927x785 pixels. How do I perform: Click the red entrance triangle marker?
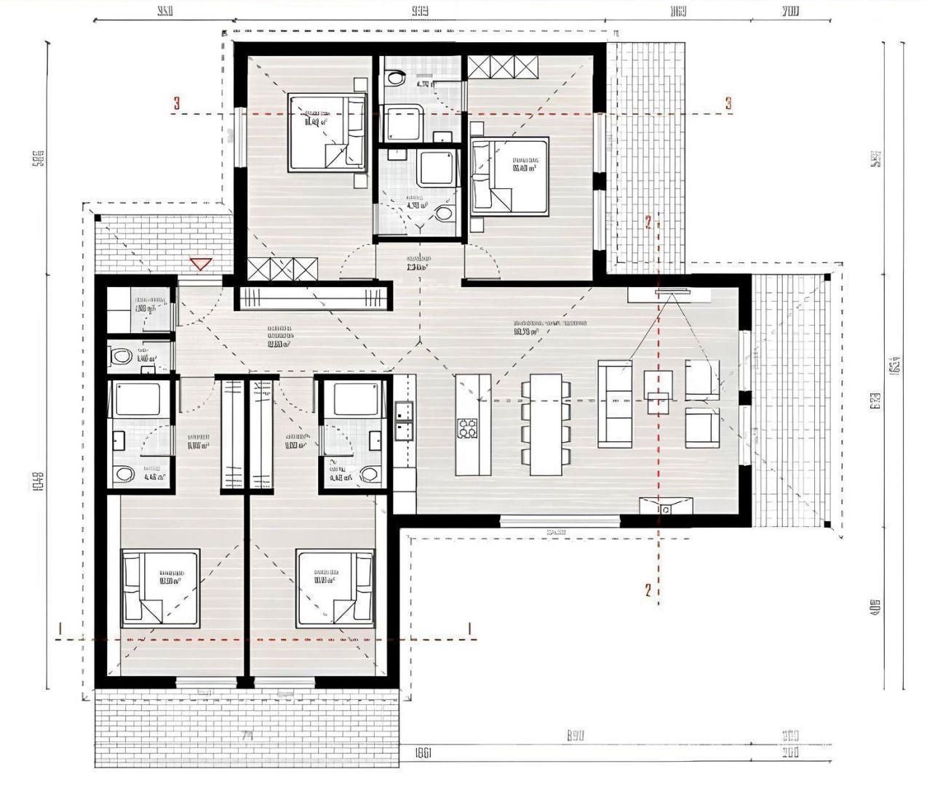(199, 264)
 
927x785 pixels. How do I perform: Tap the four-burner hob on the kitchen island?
(466, 429)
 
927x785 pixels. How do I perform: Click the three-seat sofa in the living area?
(614, 403)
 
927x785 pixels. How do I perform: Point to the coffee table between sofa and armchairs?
(656, 391)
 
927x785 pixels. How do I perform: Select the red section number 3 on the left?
(176, 104)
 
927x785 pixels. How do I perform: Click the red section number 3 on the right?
(728, 104)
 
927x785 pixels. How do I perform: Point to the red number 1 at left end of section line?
(62, 628)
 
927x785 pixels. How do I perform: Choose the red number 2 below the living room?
(647, 589)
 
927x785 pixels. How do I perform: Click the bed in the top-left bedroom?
(326, 132)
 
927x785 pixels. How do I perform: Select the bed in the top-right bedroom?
(509, 176)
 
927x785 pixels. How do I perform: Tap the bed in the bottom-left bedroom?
(160, 587)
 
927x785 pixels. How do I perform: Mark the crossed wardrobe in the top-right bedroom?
(503, 68)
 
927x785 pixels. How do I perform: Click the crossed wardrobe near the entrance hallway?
(282, 270)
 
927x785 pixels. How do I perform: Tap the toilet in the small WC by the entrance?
(119, 357)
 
